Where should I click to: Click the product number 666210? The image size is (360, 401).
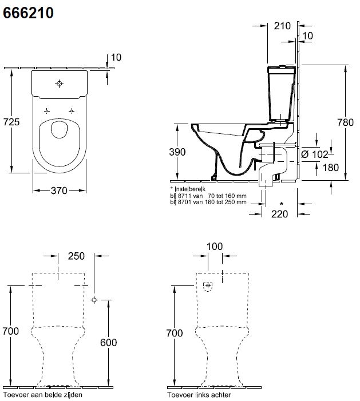(29, 13)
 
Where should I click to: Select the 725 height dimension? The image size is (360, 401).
(12, 121)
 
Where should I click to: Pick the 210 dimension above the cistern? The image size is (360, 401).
(283, 25)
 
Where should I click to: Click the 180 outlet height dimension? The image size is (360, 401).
(331, 168)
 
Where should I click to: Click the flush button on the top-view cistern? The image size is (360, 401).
(59, 84)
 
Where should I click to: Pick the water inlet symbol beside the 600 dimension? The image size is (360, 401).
(94, 299)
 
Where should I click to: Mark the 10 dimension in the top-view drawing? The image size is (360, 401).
(116, 57)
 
